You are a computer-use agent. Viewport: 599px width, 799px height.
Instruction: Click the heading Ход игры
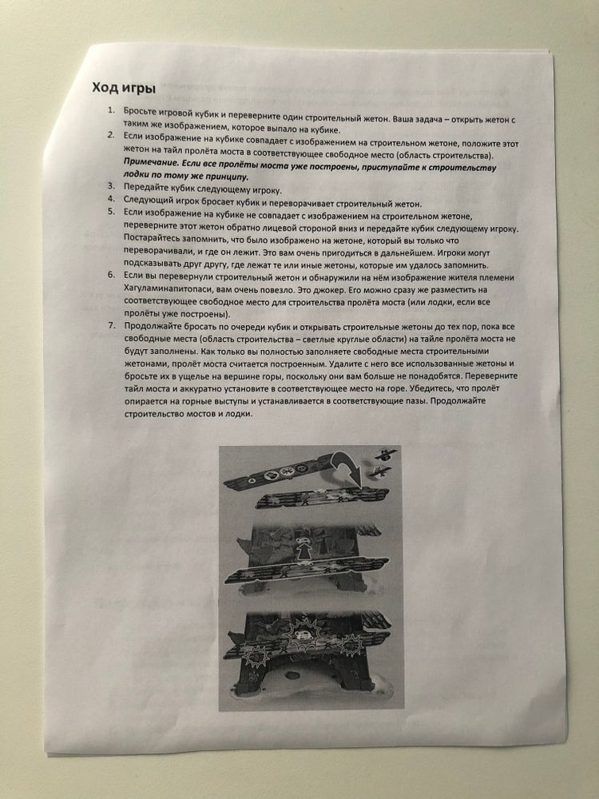123,87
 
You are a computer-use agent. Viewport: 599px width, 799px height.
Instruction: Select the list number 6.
112,276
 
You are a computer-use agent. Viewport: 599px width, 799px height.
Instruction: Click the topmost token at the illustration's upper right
384,452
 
